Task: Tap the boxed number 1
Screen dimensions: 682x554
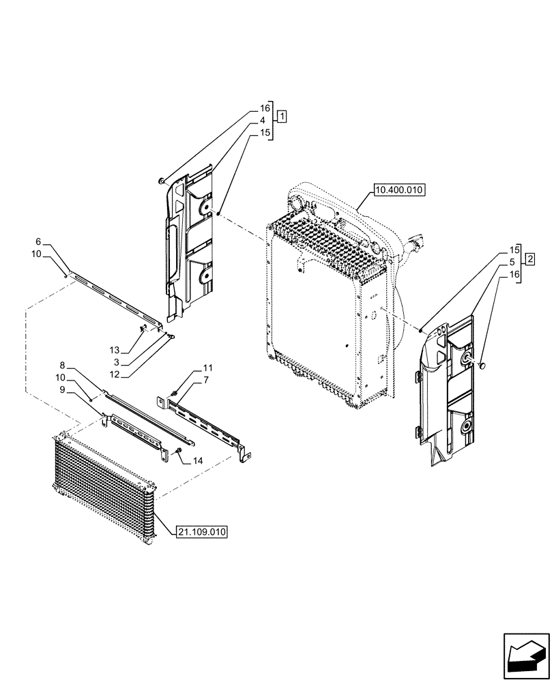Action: pyautogui.click(x=282, y=115)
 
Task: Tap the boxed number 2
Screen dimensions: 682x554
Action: pyautogui.click(x=530, y=258)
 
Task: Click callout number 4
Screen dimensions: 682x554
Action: pyautogui.click(x=263, y=120)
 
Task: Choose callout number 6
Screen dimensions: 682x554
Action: pyautogui.click(x=38, y=242)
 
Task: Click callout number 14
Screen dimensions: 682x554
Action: pyautogui.click(x=197, y=461)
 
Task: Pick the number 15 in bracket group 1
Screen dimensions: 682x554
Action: pyautogui.click(x=263, y=132)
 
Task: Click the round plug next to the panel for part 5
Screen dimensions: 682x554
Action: pyautogui.click(x=482, y=367)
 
